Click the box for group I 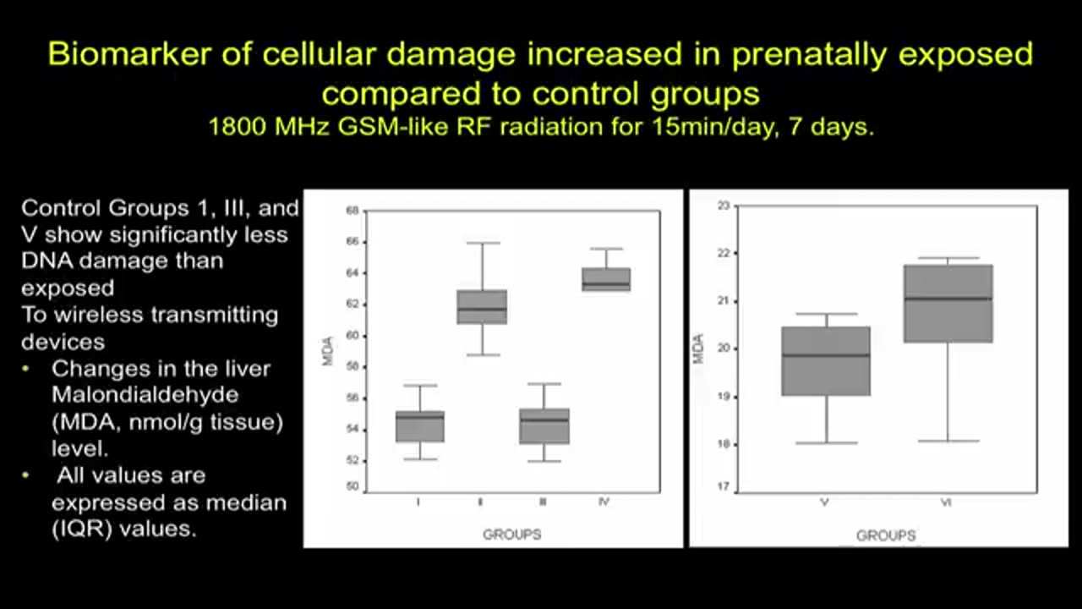pyautogui.click(x=420, y=426)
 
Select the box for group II pyautogui.click(x=482, y=307)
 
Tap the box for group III pyautogui.click(x=544, y=426)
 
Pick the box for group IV pyautogui.click(x=606, y=280)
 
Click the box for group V pyautogui.click(x=826, y=361)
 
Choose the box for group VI pyautogui.click(x=948, y=304)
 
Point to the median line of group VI pyautogui.click(x=948, y=299)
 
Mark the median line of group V pyautogui.click(x=826, y=355)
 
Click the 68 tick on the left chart pyautogui.click(x=352, y=210)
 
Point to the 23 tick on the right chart pyautogui.click(x=723, y=206)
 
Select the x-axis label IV pyautogui.click(x=604, y=502)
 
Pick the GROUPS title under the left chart pyautogui.click(x=511, y=535)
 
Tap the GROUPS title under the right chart pyautogui.click(x=886, y=535)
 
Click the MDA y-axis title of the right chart pyautogui.click(x=699, y=348)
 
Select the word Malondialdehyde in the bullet pyautogui.click(x=145, y=395)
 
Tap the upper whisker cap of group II pyautogui.click(x=482, y=244)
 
